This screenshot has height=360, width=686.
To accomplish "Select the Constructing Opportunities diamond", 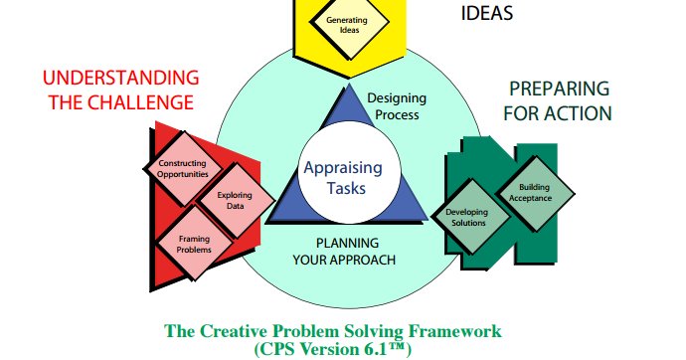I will [x=182, y=168].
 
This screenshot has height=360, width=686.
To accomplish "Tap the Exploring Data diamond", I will [x=228, y=201].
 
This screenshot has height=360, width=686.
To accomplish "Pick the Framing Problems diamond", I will [x=194, y=244].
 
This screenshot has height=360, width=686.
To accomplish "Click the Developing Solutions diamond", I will [x=465, y=217].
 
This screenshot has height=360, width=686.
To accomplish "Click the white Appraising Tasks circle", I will [x=348, y=178].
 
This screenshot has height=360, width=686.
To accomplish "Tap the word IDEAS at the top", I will [x=489, y=14].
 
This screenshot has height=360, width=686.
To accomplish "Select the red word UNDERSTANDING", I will [x=120, y=78].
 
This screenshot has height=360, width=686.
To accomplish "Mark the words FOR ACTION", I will [x=557, y=112].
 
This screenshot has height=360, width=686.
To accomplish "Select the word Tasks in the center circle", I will [x=347, y=188].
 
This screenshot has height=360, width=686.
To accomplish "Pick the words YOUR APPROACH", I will [x=344, y=260].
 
